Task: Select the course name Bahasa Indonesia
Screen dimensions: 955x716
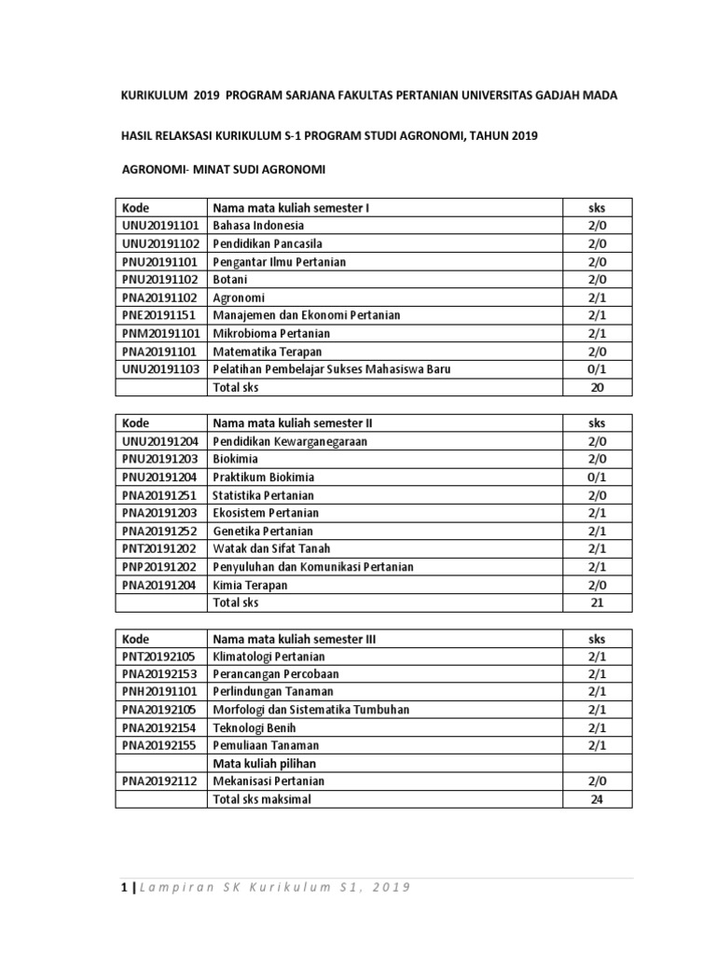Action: [258, 226]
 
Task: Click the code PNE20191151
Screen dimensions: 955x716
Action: [158, 315]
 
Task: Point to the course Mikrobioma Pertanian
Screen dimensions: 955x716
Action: [271, 333]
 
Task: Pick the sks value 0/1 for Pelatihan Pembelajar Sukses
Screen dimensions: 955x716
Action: [597, 369]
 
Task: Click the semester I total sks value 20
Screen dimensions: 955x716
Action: [597, 387]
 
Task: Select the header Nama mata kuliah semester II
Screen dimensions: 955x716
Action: [294, 422]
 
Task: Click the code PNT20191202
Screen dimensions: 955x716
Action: [158, 548]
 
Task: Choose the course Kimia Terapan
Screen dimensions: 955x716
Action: [250, 585]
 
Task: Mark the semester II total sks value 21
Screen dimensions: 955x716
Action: [597, 602]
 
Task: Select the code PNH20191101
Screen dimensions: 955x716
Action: [158, 692]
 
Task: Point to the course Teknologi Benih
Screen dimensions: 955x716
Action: [255, 727]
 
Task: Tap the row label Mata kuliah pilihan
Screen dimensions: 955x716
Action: [265, 763]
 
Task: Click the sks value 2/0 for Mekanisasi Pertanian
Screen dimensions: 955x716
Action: [597, 781]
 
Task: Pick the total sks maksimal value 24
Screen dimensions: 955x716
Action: [597, 799]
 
